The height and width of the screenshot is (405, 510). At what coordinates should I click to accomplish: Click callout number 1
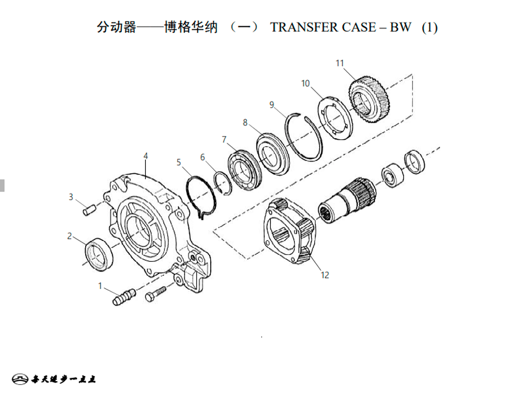pyautogui.click(x=100, y=286)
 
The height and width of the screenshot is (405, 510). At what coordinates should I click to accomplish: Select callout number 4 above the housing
pyautogui.click(x=145, y=156)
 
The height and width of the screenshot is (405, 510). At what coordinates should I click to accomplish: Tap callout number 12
pyautogui.click(x=325, y=275)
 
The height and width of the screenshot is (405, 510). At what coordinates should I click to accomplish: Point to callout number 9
pyautogui.click(x=272, y=104)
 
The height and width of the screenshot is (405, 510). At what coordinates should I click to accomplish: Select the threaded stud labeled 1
pyautogui.click(x=124, y=297)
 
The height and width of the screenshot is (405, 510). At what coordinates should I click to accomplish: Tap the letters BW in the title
pyautogui.click(x=401, y=28)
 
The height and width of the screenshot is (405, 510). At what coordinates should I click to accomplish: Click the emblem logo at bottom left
pyautogui.click(x=20, y=379)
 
